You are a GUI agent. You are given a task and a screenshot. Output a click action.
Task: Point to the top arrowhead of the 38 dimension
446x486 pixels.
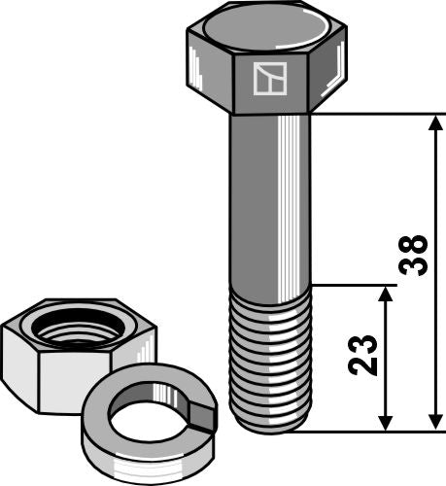click(x=432, y=122)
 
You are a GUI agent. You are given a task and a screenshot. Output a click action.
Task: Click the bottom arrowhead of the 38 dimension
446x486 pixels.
click(x=432, y=422)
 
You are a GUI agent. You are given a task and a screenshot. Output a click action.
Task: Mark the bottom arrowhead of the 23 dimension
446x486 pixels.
click(x=386, y=422)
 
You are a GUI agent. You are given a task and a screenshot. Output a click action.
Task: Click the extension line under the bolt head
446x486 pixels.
click(x=379, y=114)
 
